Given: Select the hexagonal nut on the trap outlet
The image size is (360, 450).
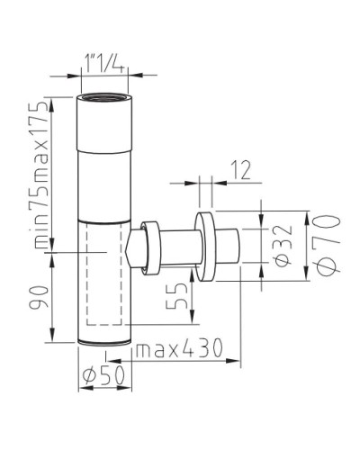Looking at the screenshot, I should pos(138,247).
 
